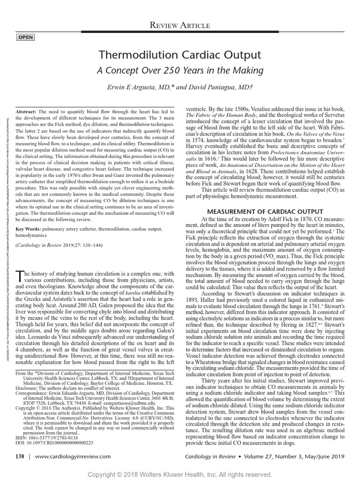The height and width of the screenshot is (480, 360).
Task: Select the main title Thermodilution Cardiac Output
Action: point(180,55)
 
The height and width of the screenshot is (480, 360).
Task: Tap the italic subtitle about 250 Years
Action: point(180,71)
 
